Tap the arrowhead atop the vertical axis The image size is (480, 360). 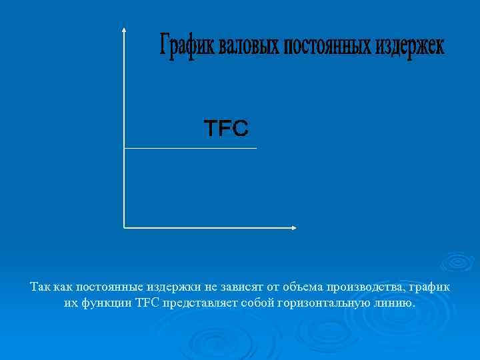[124, 30]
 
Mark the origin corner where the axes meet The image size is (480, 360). [124, 227]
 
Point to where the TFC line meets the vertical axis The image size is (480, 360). [124, 148]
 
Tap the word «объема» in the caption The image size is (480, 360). [301, 287]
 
